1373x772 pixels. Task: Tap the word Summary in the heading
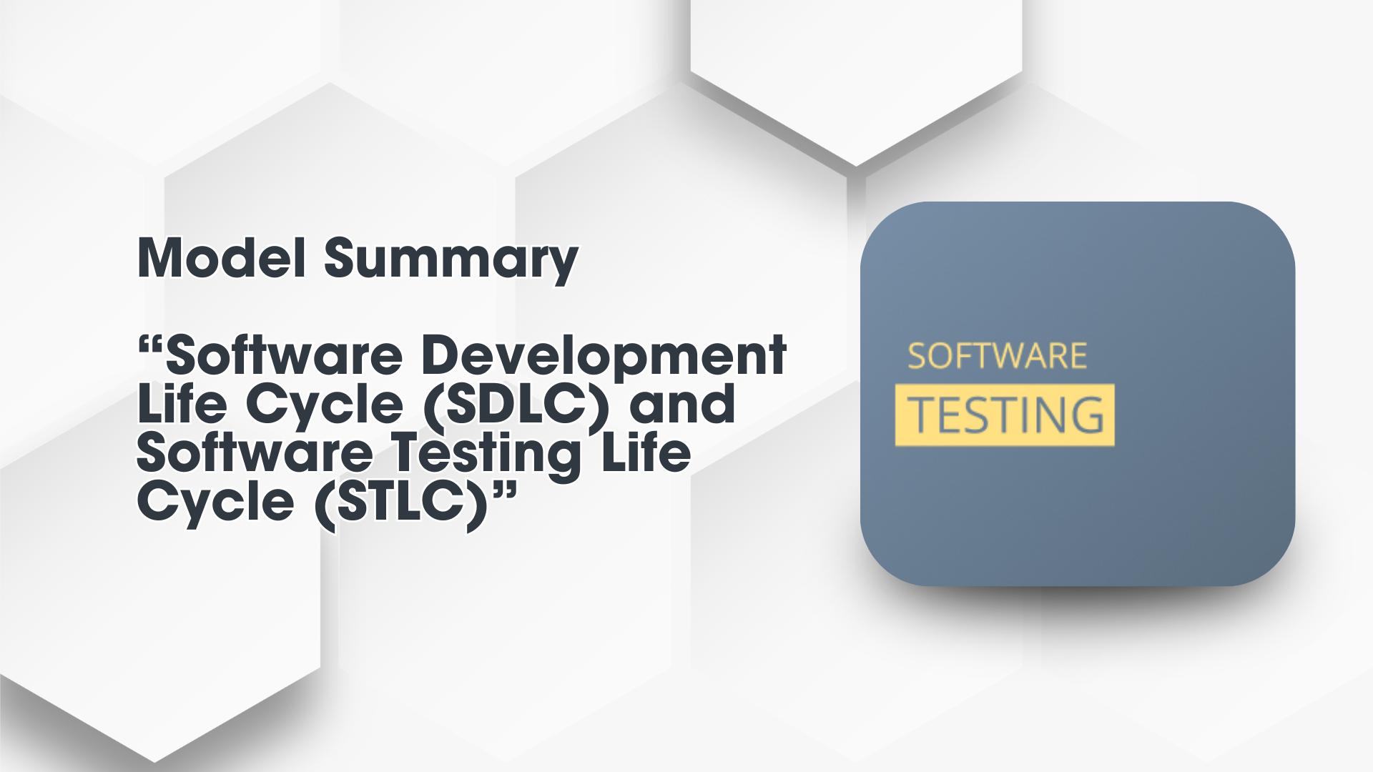pos(451,262)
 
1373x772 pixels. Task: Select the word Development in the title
pos(604,355)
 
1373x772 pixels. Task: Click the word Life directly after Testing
pos(646,452)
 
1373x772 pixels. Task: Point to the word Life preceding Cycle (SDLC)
pos(182,403)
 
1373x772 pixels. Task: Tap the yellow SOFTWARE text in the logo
pos(997,356)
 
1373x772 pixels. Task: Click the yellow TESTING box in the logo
pos(1005,415)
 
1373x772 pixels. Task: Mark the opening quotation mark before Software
pos(151,346)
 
